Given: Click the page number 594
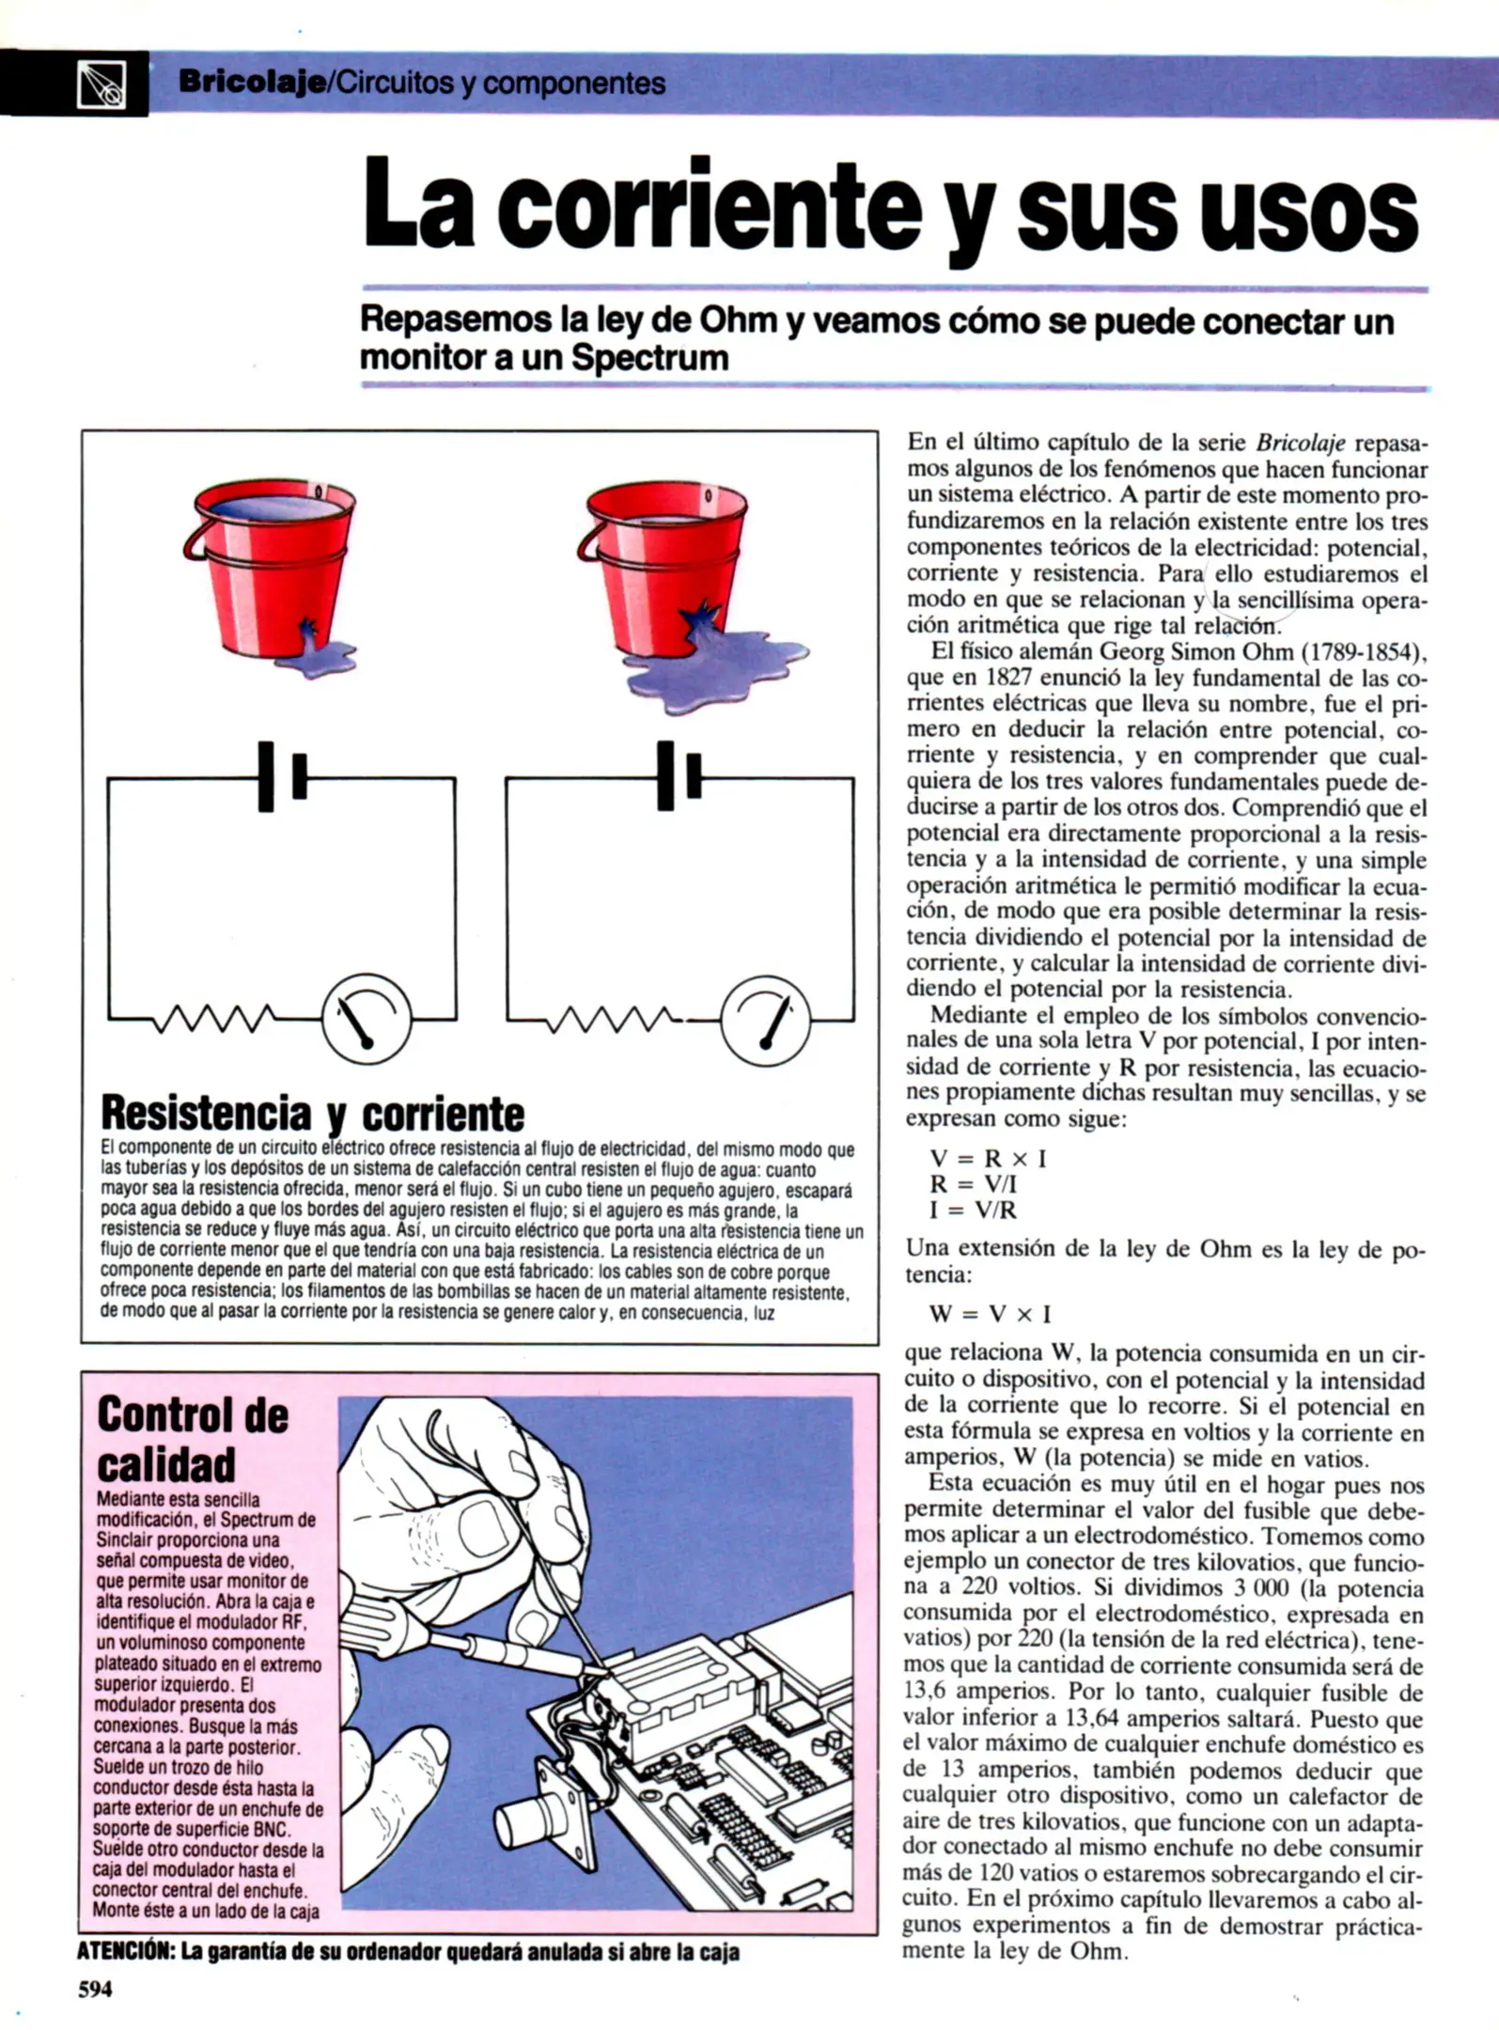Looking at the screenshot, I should (x=94, y=1990).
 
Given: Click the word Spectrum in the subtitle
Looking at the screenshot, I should (x=649, y=358).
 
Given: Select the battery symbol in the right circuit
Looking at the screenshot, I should (x=679, y=776).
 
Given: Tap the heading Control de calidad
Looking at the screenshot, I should (x=192, y=1439).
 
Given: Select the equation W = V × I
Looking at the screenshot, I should (x=990, y=1314).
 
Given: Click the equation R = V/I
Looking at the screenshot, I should (x=974, y=1184).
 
